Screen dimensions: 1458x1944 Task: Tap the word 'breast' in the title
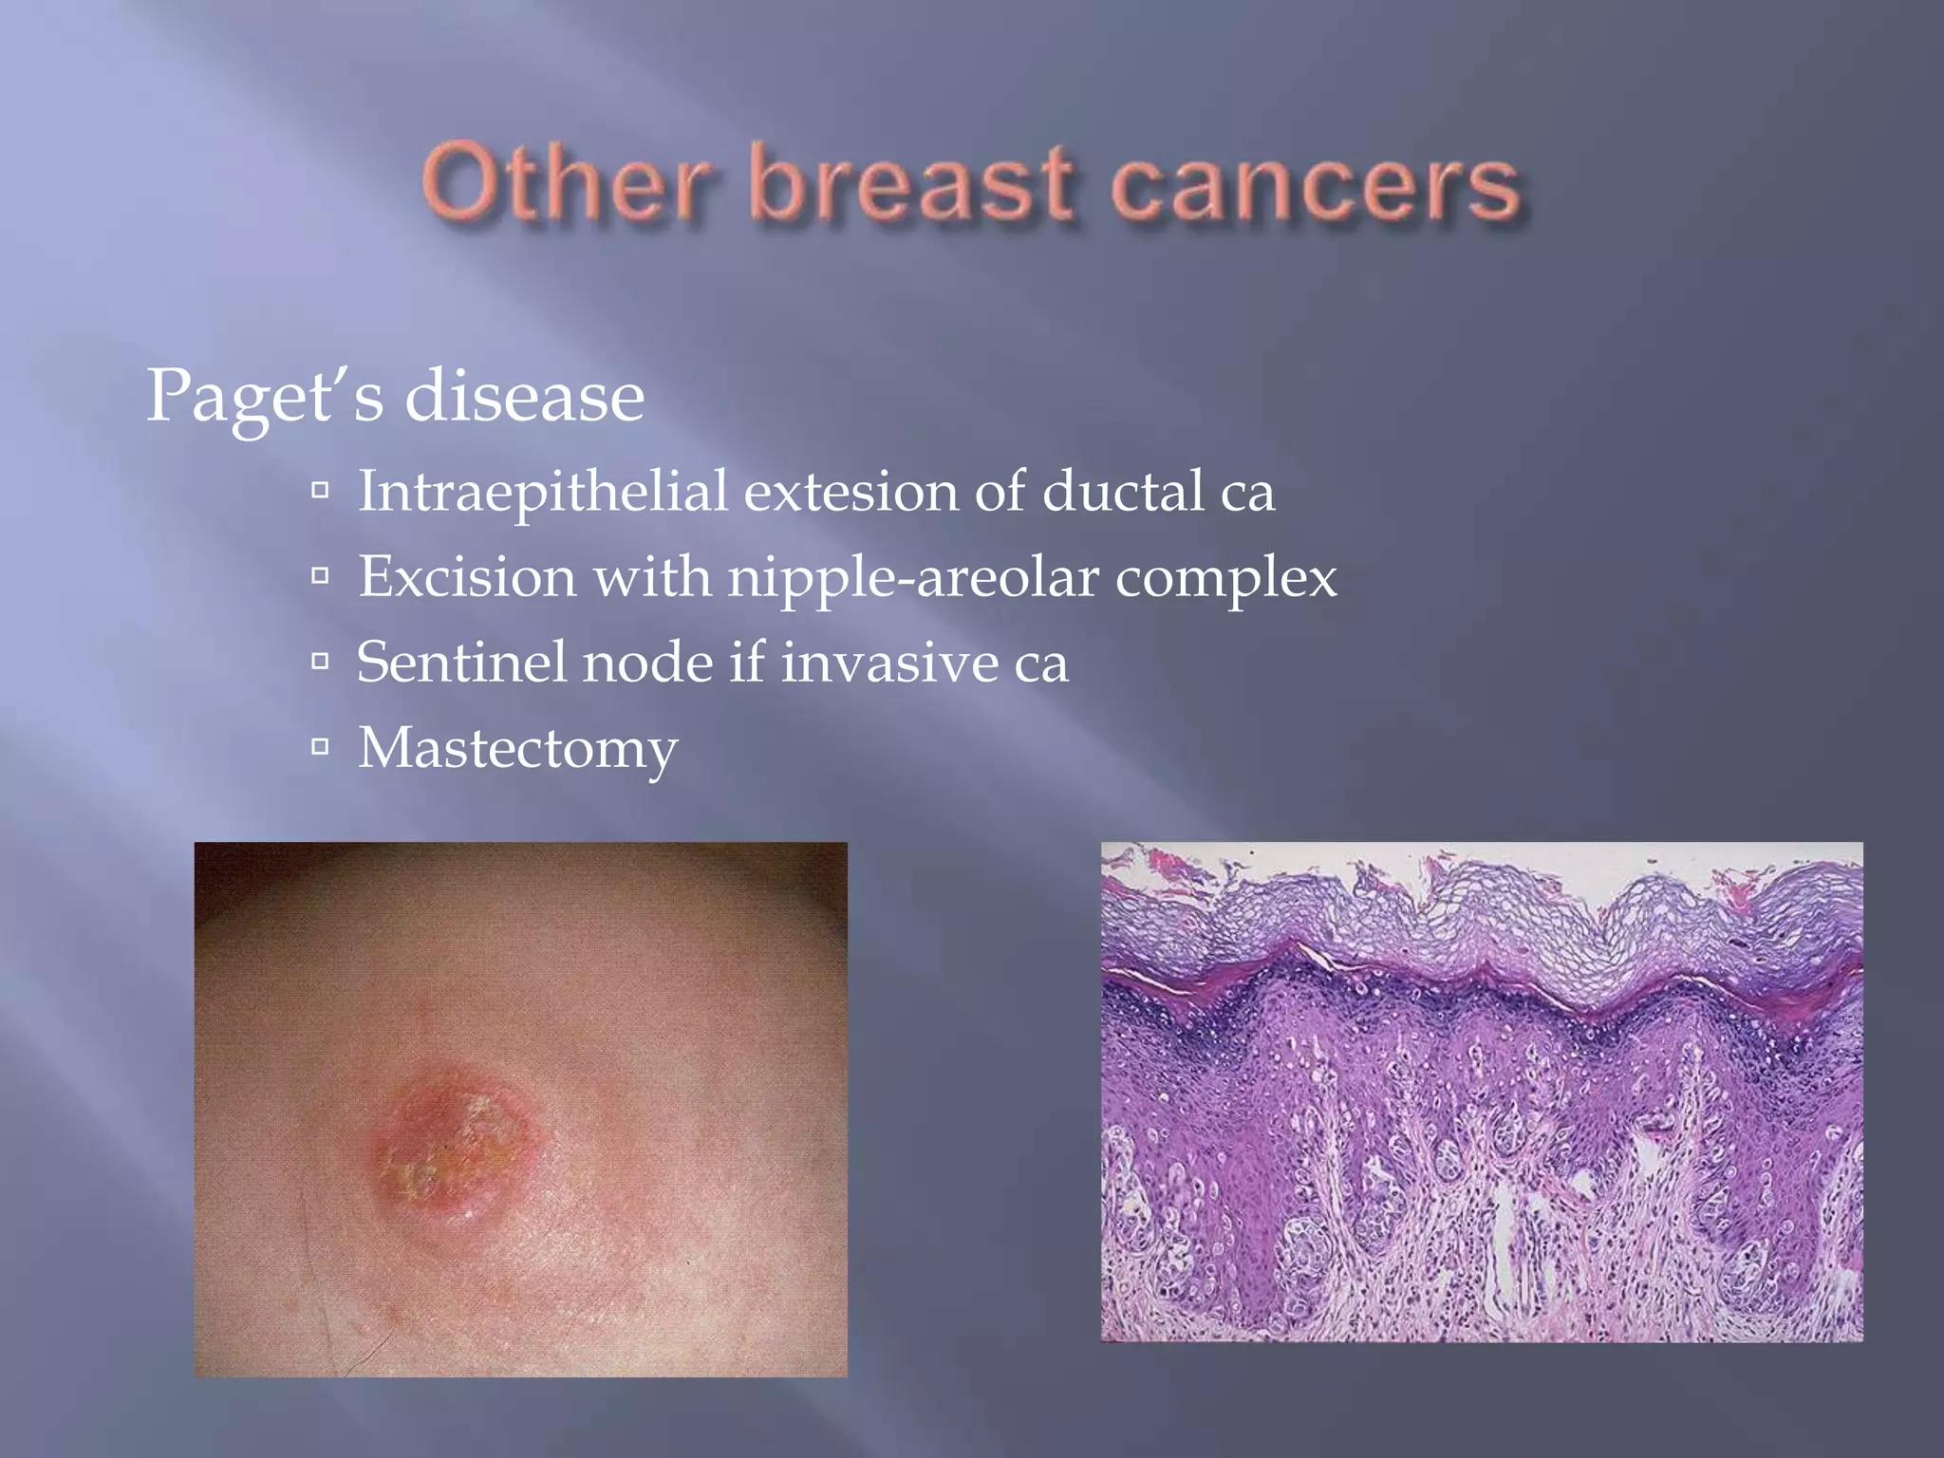click(912, 182)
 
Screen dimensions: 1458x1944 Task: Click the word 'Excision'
click(467, 577)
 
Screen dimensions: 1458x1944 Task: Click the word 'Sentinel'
click(461, 662)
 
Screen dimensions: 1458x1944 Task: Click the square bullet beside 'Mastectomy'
click(321, 747)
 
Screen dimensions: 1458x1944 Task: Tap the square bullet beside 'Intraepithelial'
click(321, 491)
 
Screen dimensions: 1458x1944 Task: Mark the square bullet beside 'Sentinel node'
click(321, 661)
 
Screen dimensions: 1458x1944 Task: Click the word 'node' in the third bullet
click(646, 662)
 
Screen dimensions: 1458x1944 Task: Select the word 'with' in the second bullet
click(652, 577)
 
